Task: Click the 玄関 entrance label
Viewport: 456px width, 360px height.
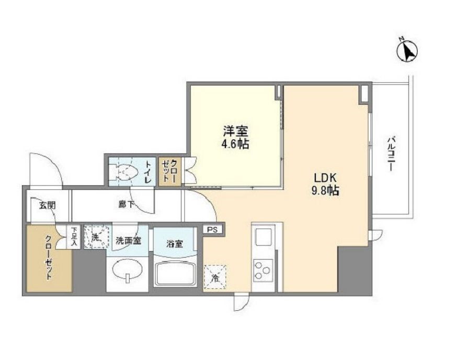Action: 47,205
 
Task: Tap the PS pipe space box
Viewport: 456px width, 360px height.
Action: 211,229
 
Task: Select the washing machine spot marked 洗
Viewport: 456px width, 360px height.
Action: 95,236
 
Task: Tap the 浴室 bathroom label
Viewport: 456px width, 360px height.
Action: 174,243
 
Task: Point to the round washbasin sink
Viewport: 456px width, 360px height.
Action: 127,272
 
